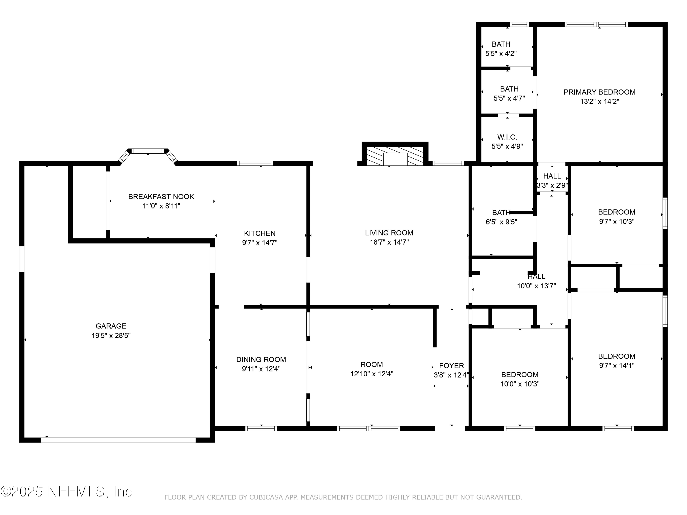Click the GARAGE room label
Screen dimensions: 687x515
[x=111, y=326]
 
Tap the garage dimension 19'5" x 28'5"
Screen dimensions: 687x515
[x=111, y=335]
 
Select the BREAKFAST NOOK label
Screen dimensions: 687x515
[x=161, y=196]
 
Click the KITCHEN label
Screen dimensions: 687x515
[x=260, y=233]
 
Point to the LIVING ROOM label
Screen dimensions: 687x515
[x=389, y=233]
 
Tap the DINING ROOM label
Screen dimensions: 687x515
[x=261, y=360]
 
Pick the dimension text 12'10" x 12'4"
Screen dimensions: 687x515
[x=372, y=374]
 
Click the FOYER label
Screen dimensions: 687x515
[x=452, y=366]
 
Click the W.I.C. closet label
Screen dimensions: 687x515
[x=507, y=137]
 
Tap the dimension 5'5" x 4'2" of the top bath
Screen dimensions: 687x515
[x=501, y=53]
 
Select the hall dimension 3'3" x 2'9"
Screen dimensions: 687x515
[x=552, y=185]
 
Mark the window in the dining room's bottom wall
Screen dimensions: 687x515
[x=261, y=429]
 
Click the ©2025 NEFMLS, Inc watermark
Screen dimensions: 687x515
[x=66, y=491]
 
